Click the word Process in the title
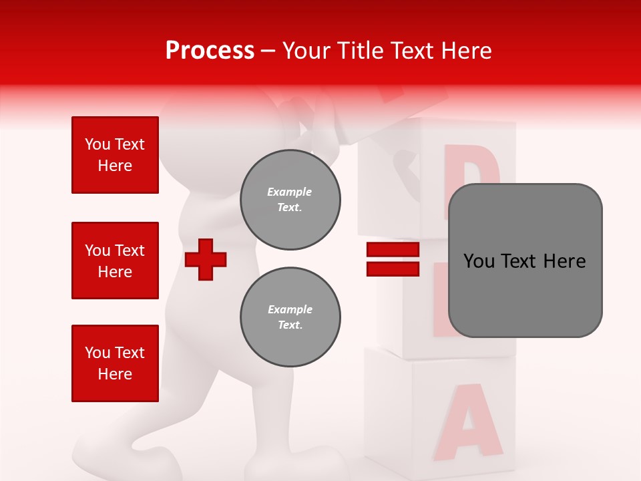coord(210,51)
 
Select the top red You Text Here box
coord(115,155)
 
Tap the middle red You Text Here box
coord(115,261)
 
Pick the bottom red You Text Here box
coord(115,363)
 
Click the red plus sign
coord(206,259)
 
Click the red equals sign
coord(393,259)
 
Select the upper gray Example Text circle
coord(290,200)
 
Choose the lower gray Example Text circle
coord(290,317)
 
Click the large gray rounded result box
coord(525,261)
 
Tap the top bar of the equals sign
coord(393,250)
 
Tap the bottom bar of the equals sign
coord(393,269)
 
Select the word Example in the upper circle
coord(289,192)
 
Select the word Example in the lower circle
coord(290,309)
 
